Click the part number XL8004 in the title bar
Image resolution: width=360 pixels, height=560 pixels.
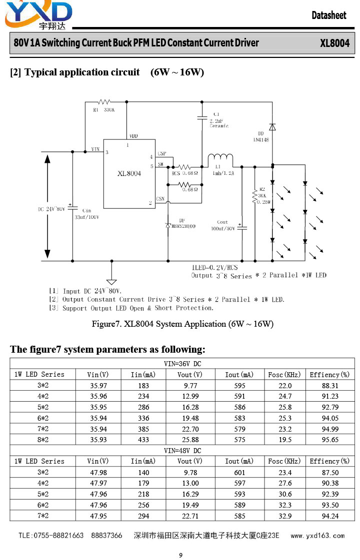click(334, 43)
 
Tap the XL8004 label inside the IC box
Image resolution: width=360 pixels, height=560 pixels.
click(129, 173)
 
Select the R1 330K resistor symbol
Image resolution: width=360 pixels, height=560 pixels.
click(104, 102)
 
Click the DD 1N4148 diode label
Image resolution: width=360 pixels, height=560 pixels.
click(261, 137)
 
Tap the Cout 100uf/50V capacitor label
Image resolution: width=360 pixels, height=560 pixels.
click(223, 225)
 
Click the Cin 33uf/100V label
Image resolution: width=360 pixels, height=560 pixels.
click(86, 214)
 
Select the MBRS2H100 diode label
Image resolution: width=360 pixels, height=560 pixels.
click(183, 226)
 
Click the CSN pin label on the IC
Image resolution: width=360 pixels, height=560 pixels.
click(160, 199)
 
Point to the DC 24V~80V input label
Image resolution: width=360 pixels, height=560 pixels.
click(51, 209)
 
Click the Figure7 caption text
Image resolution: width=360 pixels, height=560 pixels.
click(182, 324)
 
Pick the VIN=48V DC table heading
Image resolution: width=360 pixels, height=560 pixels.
click(182, 451)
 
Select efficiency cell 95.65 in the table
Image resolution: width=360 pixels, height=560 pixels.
click(330, 440)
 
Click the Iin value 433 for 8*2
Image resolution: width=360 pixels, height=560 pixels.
click(143, 440)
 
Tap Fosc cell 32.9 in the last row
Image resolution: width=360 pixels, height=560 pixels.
click(285, 516)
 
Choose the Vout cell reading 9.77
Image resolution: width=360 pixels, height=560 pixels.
click(190, 386)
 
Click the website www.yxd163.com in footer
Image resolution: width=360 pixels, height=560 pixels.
click(317, 536)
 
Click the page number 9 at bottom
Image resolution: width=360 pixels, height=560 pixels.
click(180, 555)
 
